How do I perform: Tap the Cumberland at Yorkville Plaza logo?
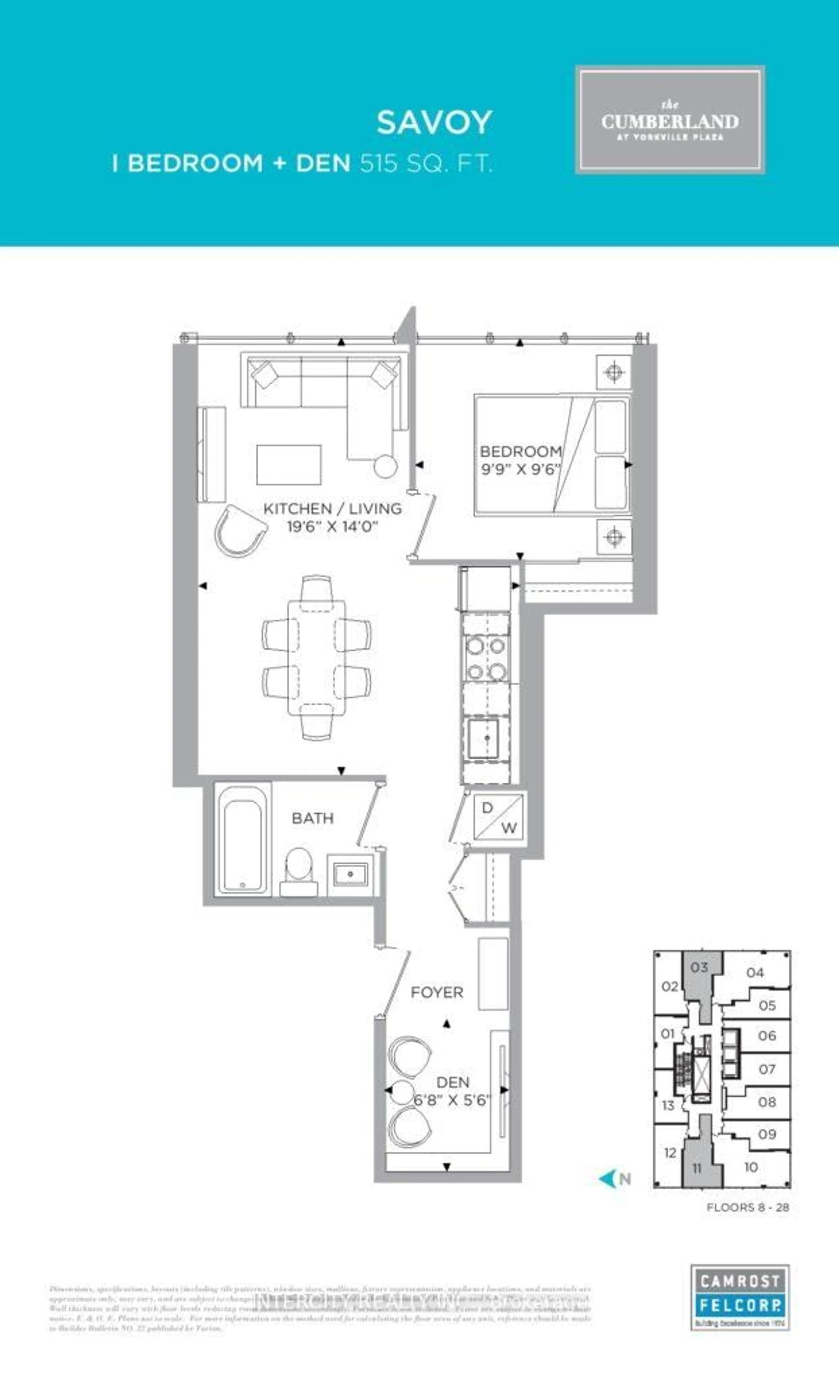(x=670, y=120)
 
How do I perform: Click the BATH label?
(x=312, y=818)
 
